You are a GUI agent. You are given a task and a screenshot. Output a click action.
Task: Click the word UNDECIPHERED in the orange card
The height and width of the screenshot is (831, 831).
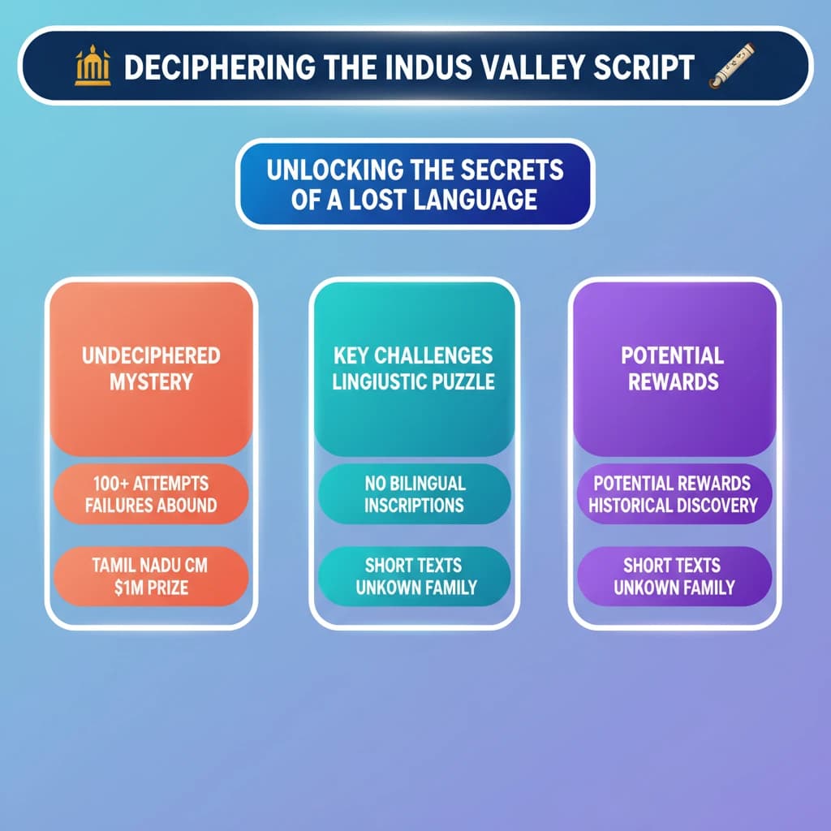(150, 355)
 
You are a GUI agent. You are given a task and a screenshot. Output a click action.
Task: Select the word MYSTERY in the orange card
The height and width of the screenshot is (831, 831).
(150, 381)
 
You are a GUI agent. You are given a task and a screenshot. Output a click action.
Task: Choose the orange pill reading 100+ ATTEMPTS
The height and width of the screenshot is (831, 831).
(150, 494)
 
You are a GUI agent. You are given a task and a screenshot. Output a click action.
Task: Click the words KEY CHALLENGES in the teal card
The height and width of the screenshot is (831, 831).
(414, 355)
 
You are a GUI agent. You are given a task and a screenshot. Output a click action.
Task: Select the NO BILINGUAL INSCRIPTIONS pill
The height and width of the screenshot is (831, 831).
(414, 494)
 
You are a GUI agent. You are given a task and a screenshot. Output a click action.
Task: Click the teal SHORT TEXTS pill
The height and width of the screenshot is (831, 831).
(414, 576)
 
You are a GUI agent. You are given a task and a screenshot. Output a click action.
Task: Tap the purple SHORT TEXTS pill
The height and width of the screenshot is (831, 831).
(672, 576)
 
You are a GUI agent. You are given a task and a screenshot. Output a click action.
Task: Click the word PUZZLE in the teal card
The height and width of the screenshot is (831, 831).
(467, 381)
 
